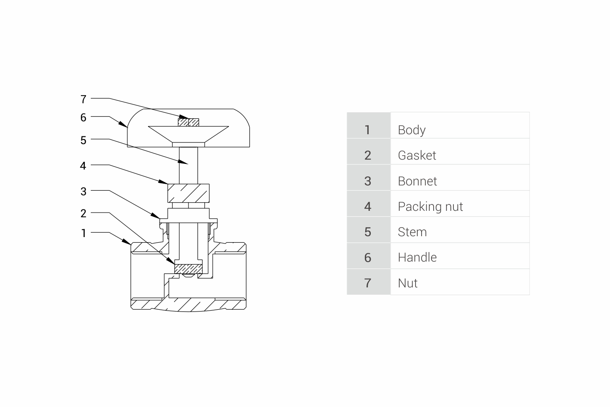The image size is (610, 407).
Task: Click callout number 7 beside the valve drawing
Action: (83, 99)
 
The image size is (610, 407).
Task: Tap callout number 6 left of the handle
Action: (83, 117)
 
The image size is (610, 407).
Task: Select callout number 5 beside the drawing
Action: (83, 140)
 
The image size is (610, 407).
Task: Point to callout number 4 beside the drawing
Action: (83, 166)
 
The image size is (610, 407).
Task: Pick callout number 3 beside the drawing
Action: (83, 191)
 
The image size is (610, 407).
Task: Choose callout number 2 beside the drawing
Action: (83, 213)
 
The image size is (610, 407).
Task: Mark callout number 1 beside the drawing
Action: (83, 233)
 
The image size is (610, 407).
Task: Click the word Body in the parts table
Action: (412, 130)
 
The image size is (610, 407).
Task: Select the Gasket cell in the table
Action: (417, 155)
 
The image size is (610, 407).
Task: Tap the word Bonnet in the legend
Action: (417, 181)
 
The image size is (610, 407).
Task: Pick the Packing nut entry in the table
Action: (430, 207)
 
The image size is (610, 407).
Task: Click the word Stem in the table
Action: (412, 232)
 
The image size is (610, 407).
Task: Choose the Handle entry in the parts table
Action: (417, 258)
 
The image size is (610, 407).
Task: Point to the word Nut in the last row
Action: (408, 283)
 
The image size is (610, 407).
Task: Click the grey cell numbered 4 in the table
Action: (368, 207)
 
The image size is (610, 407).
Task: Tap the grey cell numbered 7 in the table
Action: (368, 283)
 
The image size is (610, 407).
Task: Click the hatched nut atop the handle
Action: (188, 123)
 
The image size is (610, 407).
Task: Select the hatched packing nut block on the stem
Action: (188, 193)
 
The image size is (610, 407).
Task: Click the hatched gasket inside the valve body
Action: (188, 268)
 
